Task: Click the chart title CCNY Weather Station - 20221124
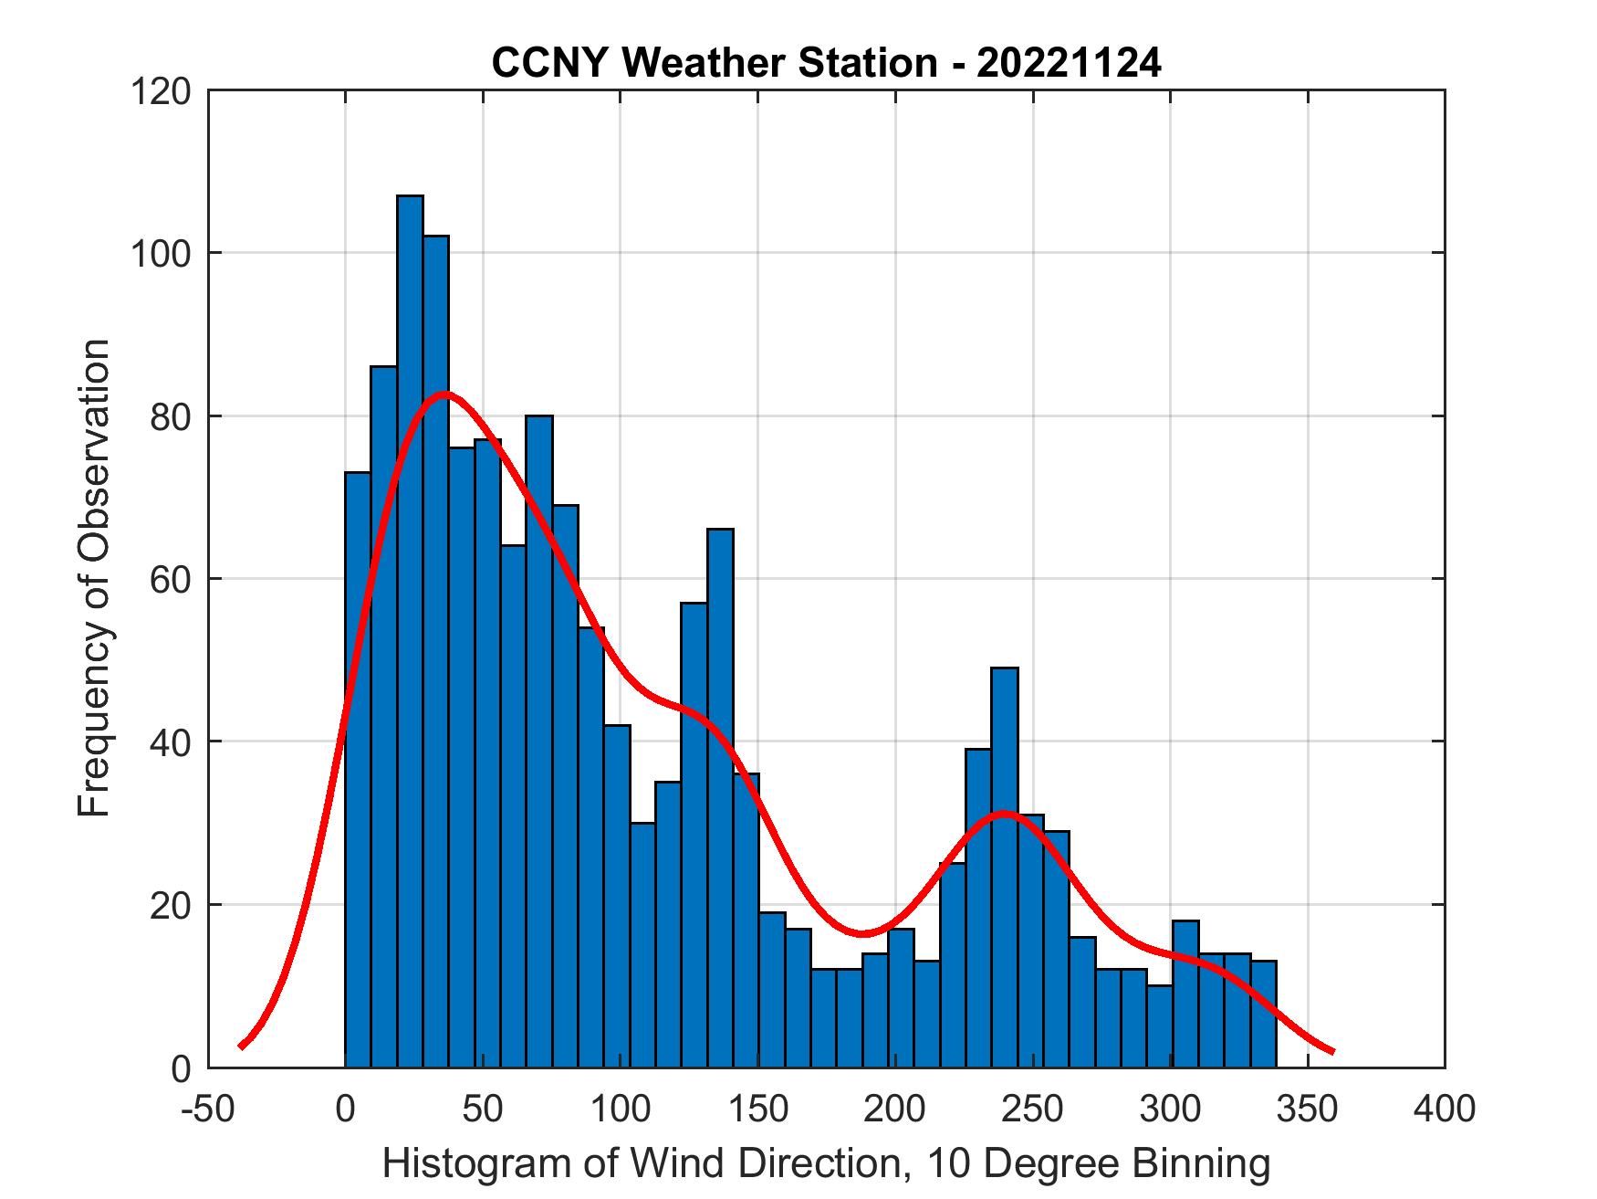826,63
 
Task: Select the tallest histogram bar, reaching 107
410,630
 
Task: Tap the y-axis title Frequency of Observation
94,580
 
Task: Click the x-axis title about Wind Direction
826,1164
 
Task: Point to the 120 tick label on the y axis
160,91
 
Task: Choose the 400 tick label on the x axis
1444,1110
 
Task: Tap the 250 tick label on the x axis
1032,1110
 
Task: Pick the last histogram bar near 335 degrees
1263,1014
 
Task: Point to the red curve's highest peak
444,394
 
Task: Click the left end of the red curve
242,1046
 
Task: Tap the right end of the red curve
1332,1051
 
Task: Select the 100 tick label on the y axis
160,254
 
